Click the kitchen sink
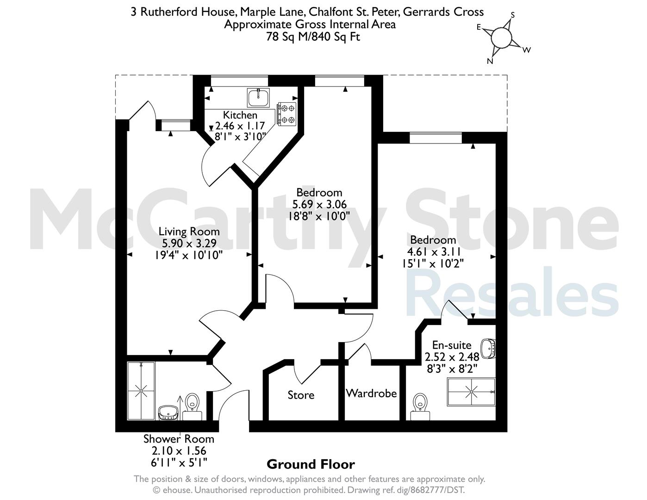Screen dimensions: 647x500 click(258, 97)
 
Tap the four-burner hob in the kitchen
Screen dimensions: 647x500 click(287, 113)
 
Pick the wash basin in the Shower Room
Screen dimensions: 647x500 click(168, 413)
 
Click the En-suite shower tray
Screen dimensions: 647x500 click(471, 392)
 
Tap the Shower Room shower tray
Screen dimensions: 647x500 click(141, 391)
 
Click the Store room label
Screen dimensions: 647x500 click(301, 395)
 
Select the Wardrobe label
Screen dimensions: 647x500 click(371, 394)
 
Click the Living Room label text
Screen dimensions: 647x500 click(189, 231)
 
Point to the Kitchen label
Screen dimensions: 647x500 click(240, 115)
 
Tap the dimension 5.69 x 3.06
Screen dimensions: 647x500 click(319, 204)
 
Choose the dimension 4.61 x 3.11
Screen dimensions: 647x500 click(434, 252)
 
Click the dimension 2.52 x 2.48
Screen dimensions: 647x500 click(452, 357)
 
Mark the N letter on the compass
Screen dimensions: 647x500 click(490, 62)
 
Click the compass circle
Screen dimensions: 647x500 click(501, 37)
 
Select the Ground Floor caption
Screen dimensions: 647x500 click(311, 464)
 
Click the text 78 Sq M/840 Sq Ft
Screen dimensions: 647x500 click(313, 37)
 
